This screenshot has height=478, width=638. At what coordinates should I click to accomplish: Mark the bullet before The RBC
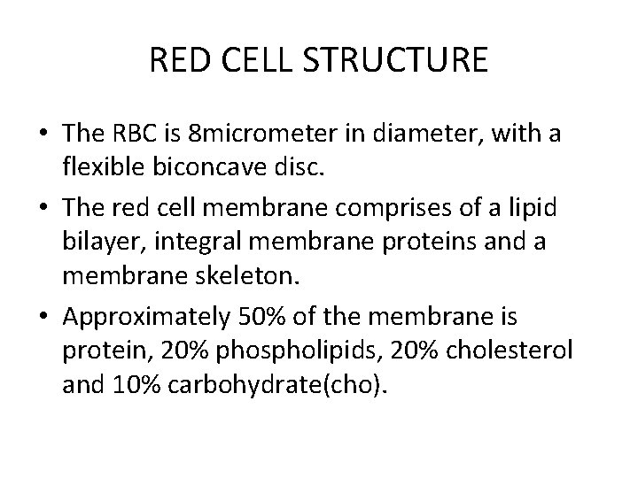pyautogui.click(x=43, y=138)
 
